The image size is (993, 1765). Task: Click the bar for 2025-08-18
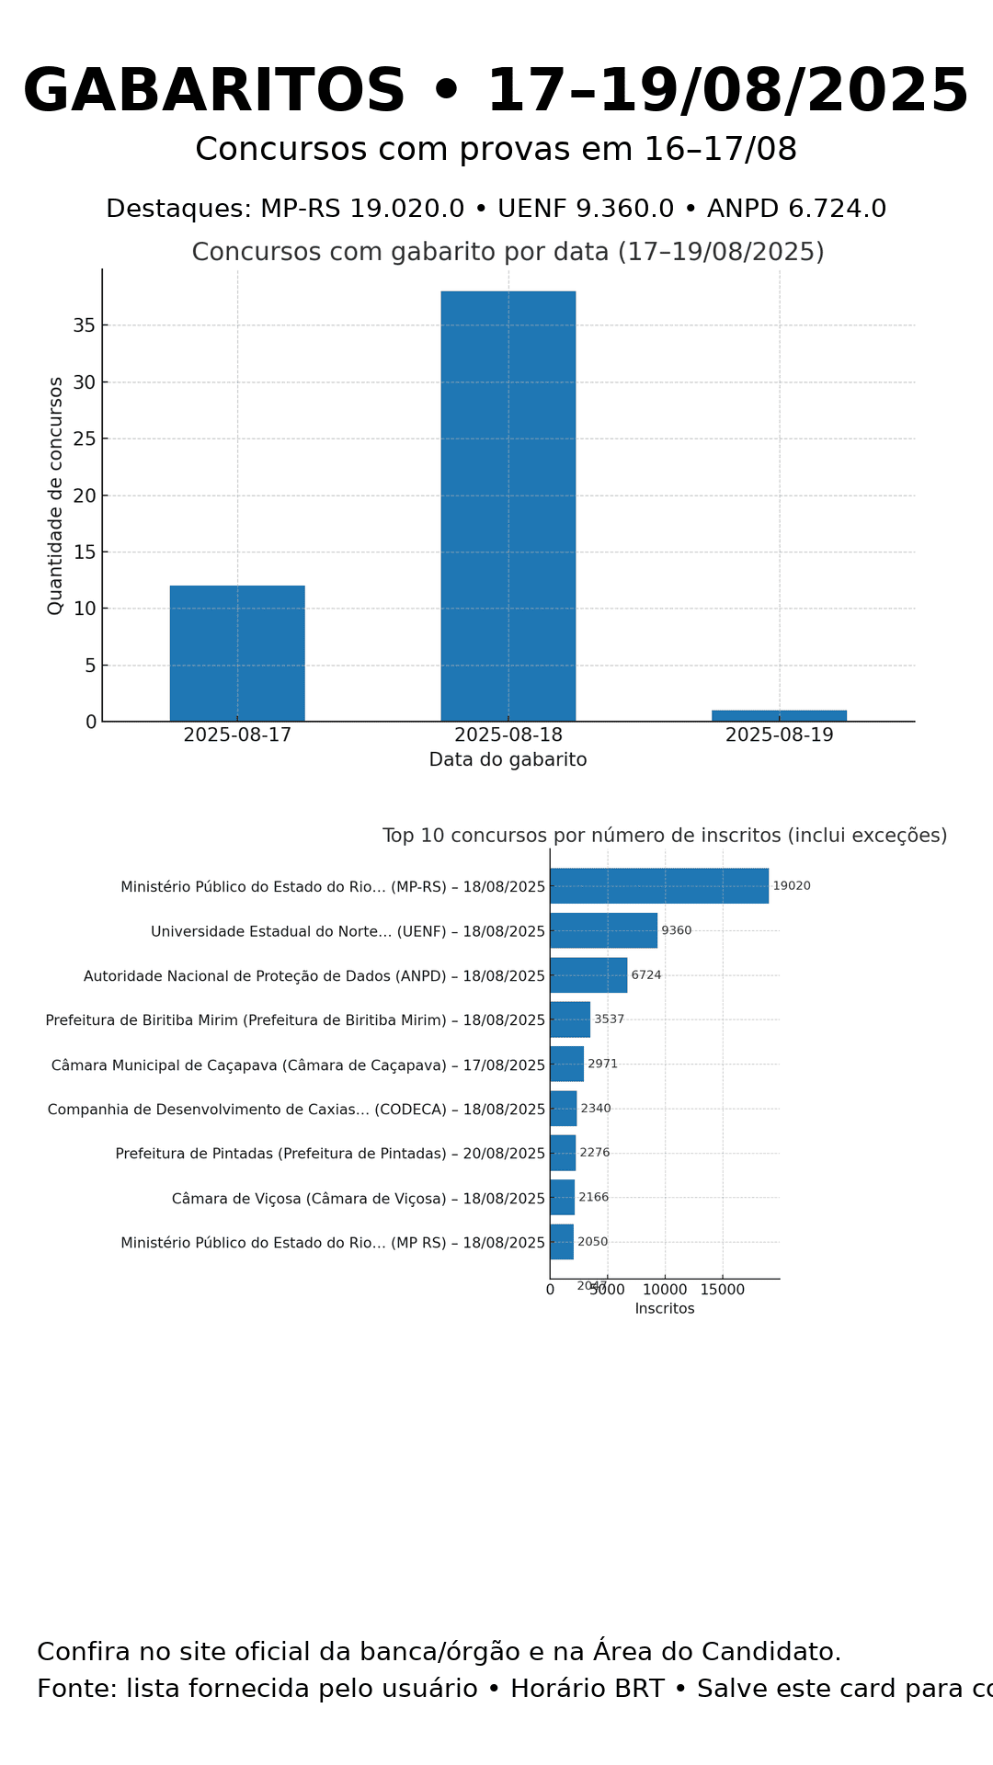[x=508, y=506]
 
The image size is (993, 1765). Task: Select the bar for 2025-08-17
[x=237, y=653]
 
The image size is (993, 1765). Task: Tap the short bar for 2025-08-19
[x=779, y=715]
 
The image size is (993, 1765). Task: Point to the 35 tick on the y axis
[x=85, y=325]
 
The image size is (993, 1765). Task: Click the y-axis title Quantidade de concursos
[x=56, y=495]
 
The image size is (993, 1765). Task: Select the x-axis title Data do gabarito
[x=508, y=760]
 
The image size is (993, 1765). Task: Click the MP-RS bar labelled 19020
[x=658, y=886]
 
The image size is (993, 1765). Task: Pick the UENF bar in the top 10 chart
[x=603, y=930]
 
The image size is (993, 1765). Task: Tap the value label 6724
[x=646, y=975]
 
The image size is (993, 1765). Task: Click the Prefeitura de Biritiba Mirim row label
[x=295, y=1020]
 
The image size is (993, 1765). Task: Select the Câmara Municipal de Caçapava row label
[x=298, y=1065]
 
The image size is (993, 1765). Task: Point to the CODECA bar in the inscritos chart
[x=564, y=1109]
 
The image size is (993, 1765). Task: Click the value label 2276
[x=595, y=1153]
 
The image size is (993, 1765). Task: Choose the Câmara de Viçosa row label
[x=358, y=1199]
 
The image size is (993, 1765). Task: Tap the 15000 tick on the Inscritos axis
[x=723, y=1290]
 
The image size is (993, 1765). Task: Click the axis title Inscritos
[x=665, y=1309]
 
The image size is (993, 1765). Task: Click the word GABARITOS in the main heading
[x=214, y=92]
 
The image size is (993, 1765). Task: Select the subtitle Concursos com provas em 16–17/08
[x=496, y=150]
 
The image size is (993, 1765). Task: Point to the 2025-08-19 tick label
[x=779, y=735]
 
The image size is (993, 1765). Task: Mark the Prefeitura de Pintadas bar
[x=563, y=1153]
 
